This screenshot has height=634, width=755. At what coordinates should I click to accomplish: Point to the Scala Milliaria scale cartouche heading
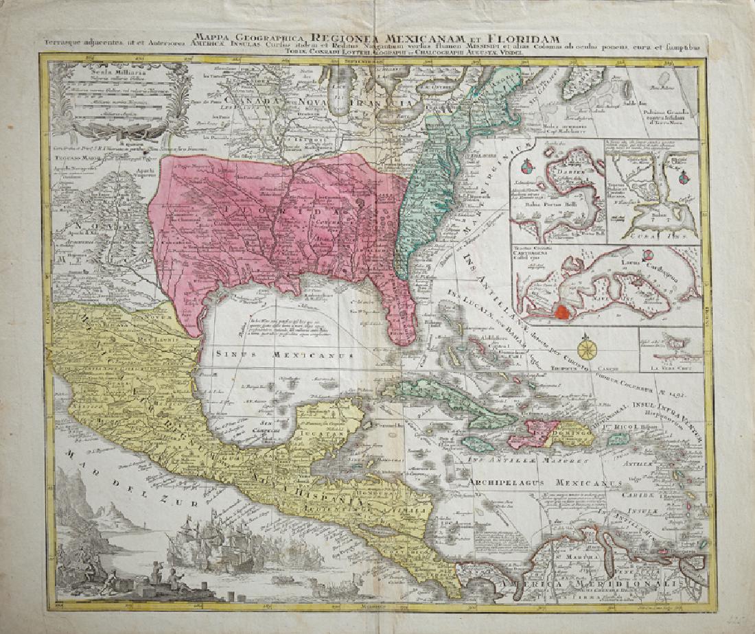tap(102, 72)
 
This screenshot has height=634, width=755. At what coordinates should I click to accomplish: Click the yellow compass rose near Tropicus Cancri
tap(588, 349)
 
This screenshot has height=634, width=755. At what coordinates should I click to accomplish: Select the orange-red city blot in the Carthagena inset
tap(561, 312)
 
